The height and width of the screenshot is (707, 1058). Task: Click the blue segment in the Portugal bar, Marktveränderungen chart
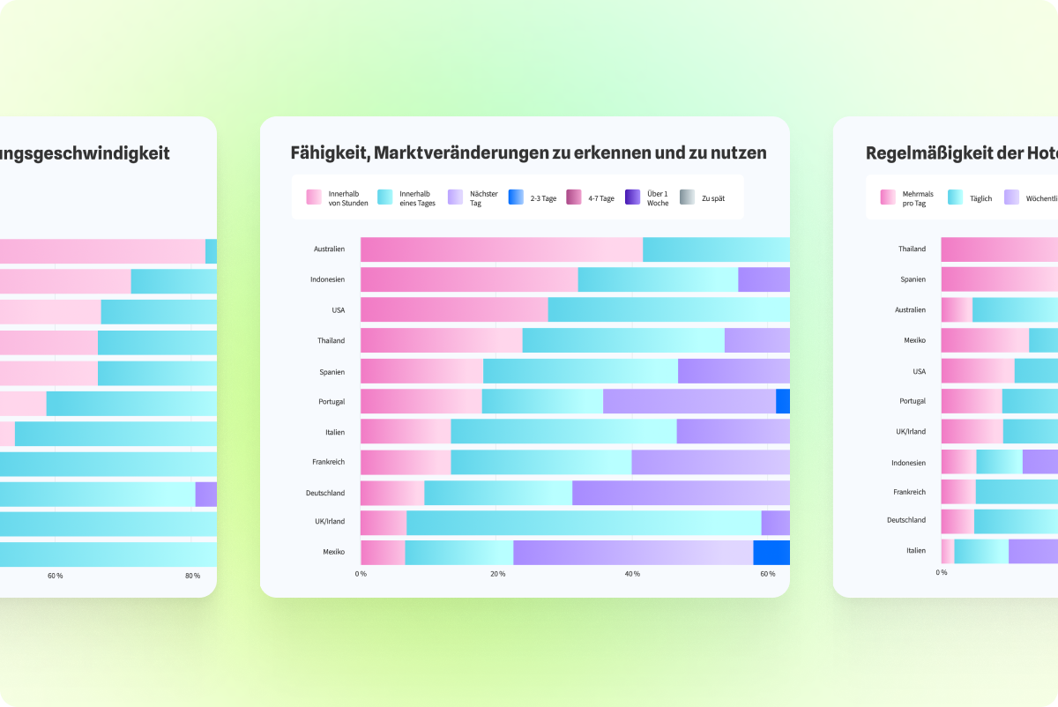tap(783, 401)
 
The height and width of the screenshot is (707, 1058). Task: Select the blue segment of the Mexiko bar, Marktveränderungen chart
tap(771, 553)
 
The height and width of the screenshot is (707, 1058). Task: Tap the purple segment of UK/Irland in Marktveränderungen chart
tap(775, 523)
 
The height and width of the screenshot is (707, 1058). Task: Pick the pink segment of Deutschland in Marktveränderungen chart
tap(392, 493)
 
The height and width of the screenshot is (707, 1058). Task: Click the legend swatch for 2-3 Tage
tap(517, 197)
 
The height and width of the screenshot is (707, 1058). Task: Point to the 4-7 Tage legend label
tap(601, 198)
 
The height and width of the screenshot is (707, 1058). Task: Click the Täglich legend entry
tap(980, 198)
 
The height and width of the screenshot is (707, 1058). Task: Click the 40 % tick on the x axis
tap(632, 574)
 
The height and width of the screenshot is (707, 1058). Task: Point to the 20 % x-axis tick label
tap(497, 574)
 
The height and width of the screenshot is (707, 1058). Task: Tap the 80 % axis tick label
tap(192, 576)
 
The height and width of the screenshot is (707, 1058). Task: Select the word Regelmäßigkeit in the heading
tap(934, 153)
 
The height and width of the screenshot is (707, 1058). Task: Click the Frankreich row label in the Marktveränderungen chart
tap(328, 462)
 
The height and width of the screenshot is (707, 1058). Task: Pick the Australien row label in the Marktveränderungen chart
tap(329, 249)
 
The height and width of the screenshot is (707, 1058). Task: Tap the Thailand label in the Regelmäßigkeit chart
tap(912, 249)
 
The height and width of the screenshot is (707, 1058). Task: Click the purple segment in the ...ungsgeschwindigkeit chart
tap(206, 494)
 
